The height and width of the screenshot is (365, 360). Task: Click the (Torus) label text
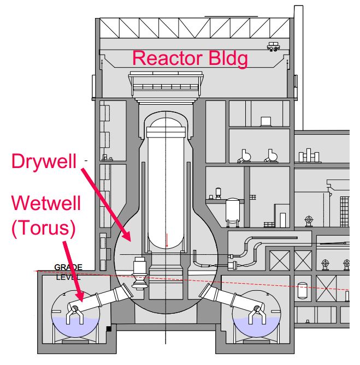tap(43, 228)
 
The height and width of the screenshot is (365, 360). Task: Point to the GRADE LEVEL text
tap(68, 271)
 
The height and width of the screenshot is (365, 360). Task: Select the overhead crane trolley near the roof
tap(273, 47)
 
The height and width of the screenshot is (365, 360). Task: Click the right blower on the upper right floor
tap(270, 157)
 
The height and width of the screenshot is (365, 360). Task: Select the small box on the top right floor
tap(266, 121)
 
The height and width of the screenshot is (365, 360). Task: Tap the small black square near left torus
tap(110, 328)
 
